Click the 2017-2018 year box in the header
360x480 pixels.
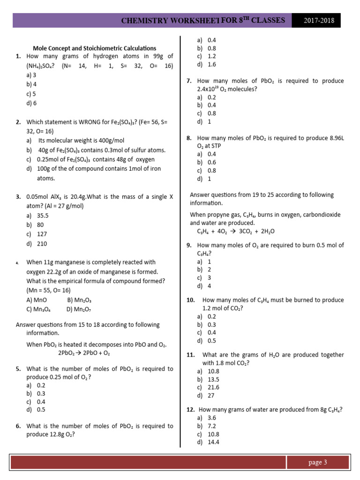316,21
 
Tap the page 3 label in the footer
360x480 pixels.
317,462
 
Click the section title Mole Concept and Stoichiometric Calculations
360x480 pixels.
94,48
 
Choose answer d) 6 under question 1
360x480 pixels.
31,103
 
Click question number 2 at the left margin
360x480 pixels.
18,122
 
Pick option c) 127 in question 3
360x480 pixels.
37,234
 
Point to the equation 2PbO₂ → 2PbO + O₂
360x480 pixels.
84,353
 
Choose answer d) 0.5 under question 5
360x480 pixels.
36,410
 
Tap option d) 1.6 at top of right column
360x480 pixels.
206,64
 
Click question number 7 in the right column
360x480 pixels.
189,81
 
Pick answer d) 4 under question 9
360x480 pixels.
204,286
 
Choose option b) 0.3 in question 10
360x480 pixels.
206,324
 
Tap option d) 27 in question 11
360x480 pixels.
205,395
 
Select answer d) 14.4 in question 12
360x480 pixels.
208,442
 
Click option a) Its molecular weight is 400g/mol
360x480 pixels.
75,141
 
